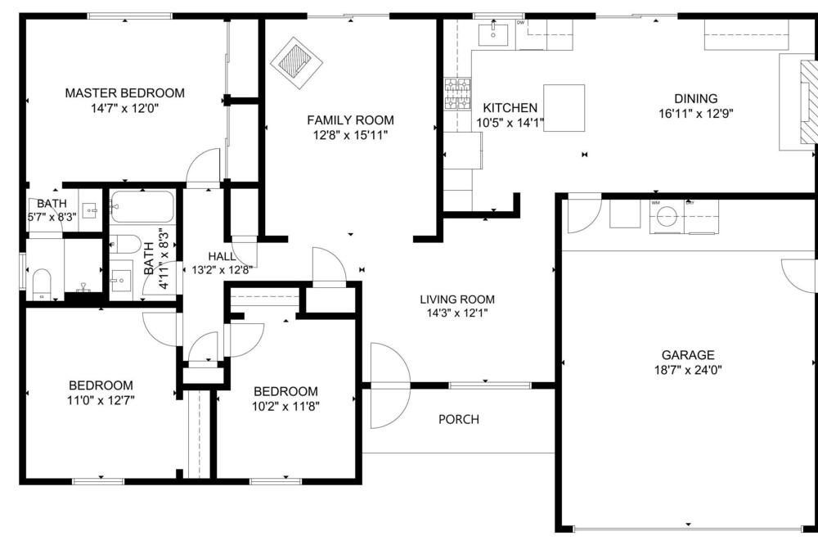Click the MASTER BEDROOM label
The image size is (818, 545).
click(x=124, y=93)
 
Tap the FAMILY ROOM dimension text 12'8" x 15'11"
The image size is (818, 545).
click(x=350, y=136)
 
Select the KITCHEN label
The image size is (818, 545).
click(x=510, y=108)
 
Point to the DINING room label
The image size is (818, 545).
click(x=696, y=99)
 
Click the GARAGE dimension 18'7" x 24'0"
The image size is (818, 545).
click(x=688, y=371)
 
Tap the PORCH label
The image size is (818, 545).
click(x=459, y=419)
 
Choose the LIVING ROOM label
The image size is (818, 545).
click(x=457, y=300)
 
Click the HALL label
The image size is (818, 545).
click(x=222, y=256)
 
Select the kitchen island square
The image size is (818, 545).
click(x=564, y=108)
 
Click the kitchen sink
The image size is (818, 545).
click(x=493, y=33)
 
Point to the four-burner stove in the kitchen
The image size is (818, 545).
click(x=457, y=94)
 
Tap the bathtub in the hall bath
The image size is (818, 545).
click(x=142, y=207)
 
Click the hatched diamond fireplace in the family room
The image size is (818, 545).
click(x=296, y=63)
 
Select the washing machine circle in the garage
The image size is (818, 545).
click(x=666, y=215)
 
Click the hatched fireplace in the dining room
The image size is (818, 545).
click(x=807, y=105)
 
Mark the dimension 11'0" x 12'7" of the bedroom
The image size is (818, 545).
click(x=101, y=401)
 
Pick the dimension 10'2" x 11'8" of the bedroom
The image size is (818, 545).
click(x=285, y=406)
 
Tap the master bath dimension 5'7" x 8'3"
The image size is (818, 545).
click(x=52, y=216)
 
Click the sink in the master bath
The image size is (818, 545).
click(x=91, y=211)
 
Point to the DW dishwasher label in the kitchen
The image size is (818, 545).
click(x=520, y=23)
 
